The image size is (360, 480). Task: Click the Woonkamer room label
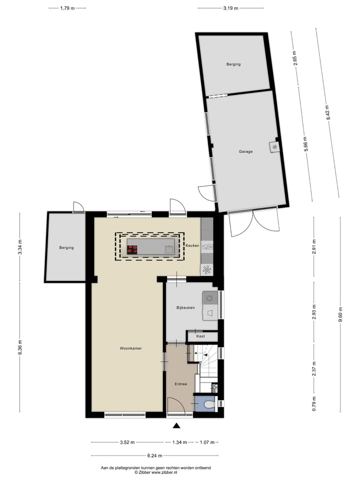point(127,348)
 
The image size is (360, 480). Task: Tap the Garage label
point(245,151)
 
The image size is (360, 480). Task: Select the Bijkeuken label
point(185,307)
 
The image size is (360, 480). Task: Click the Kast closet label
point(200,336)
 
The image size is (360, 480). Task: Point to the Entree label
point(180,384)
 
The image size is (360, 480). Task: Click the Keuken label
point(192,245)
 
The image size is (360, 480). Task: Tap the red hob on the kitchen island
point(132,250)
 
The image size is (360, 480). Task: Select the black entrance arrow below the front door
point(176,425)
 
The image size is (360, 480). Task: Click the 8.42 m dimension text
point(328,112)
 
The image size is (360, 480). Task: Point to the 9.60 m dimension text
point(340,314)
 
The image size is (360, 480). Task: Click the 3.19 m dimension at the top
point(230,8)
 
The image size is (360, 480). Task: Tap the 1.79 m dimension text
point(67,8)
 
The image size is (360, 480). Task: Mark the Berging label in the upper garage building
point(233,64)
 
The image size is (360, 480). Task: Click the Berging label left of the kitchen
point(66,247)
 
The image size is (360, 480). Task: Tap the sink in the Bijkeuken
point(209,298)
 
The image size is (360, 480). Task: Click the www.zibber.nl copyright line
point(156,471)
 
